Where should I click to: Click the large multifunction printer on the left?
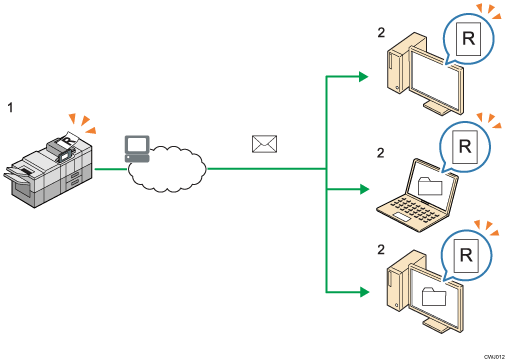click(55, 166)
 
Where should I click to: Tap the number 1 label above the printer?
click(10, 103)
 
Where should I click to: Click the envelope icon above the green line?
click(263, 145)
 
